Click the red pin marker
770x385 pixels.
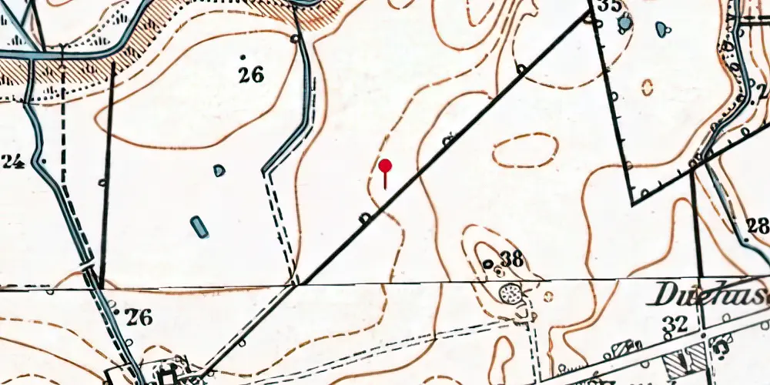385,167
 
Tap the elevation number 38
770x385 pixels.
512,260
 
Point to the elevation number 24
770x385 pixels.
13,162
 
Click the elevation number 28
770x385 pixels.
758,226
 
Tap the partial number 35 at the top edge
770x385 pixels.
610,6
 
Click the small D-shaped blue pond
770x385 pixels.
219,169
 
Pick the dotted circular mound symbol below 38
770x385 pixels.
509,293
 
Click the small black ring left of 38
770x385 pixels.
487,264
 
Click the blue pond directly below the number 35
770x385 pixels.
625,24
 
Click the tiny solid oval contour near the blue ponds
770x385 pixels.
647,86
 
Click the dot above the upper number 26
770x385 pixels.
243,57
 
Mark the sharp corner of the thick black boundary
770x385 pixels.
632,204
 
